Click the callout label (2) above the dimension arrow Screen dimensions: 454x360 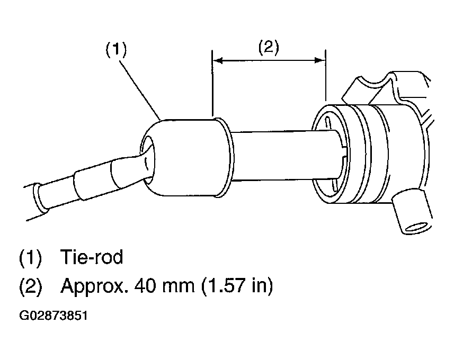(x=269, y=47)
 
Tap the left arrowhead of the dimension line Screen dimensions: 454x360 (x=217, y=60)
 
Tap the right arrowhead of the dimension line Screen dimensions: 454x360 (x=320, y=60)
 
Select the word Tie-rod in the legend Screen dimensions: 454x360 (x=92, y=256)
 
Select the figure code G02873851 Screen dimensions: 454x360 (x=54, y=316)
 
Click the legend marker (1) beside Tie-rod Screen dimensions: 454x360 (x=30, y=257)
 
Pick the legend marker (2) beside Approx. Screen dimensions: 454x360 (x=30, y=286)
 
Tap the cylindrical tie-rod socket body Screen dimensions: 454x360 (x=185, y=158)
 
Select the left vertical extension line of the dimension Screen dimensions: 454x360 (x=212, y=83)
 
